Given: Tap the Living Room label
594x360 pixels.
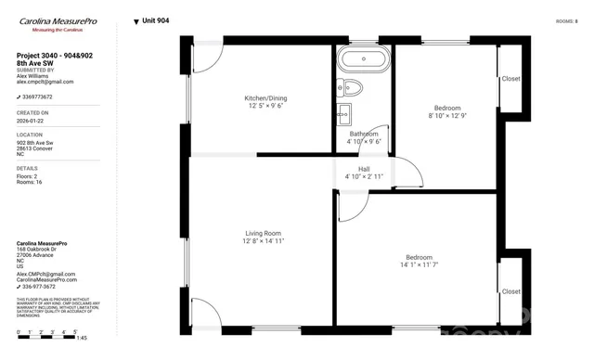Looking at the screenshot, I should click(263, 233).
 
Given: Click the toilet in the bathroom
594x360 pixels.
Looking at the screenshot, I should click(352, 88).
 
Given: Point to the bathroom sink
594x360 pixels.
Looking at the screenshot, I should click(344, 114).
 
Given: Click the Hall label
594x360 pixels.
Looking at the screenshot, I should click(364, 168).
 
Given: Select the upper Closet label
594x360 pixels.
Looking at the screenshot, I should click(510, 79).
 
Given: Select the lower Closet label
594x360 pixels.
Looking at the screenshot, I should click(510, 291).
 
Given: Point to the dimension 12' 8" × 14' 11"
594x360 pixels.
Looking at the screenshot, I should click(263, 241).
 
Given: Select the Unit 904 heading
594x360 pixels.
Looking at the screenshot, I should click(154, 20).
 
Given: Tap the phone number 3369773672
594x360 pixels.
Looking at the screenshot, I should click(39, 96).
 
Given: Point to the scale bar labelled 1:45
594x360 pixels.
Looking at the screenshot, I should click(51, 336).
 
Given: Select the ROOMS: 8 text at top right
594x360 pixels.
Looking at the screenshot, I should click(566, 20).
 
